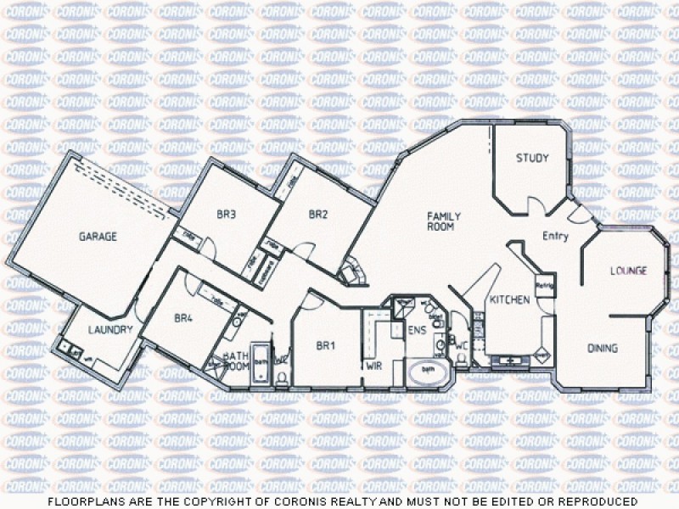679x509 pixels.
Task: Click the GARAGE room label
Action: click(x=98, y=237)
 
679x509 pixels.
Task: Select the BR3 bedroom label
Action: click(x=226, y=215)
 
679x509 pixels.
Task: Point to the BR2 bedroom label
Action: click(x=318, y=215)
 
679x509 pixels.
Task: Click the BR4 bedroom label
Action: click(x=184, y=318)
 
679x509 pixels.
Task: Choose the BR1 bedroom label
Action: click(x=326, y=346)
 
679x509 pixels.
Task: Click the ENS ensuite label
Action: click(x=416, y=329)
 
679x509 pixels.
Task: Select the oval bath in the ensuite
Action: click(x=429, y=372)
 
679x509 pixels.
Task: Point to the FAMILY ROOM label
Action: click(x=441, y=222)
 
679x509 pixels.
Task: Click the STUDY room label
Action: click(x=532, y=158)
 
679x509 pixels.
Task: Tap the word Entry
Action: click(x=555, y=237)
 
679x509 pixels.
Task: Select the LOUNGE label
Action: click(x=629, y=271)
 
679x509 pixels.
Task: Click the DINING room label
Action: click(x=603, y=349)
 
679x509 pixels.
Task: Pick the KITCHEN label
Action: click(x=509, y=300)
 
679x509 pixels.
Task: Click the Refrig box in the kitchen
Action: click(x=544, y=286)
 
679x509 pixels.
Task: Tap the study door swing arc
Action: click(x=537, y=204)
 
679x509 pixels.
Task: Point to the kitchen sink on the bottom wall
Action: click(x=511, y=361)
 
